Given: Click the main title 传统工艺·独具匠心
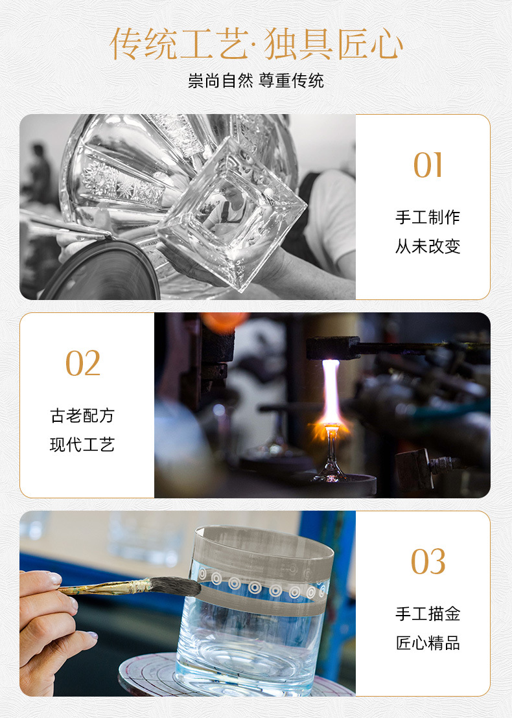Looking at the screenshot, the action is [257, 44].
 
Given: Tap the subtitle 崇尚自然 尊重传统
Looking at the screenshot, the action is [256, 80].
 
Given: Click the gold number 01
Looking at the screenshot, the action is [428, 165].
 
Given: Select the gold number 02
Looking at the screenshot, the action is [83, 363].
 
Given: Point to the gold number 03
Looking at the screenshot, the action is [428, 561].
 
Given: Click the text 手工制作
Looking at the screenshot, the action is [428, 217].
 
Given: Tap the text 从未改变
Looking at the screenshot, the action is [428, 246].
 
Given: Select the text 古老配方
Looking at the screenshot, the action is [82, 415].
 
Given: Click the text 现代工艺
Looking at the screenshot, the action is [82, 445].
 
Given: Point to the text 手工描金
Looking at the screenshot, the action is [428, 614].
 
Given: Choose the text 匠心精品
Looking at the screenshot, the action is [428, 643].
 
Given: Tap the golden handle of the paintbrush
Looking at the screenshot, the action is [106, 588].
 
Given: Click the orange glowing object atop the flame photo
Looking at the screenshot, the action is [224, 321].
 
